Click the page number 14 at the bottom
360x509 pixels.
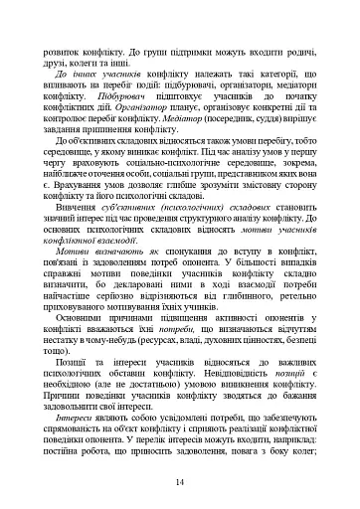[180, 484]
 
